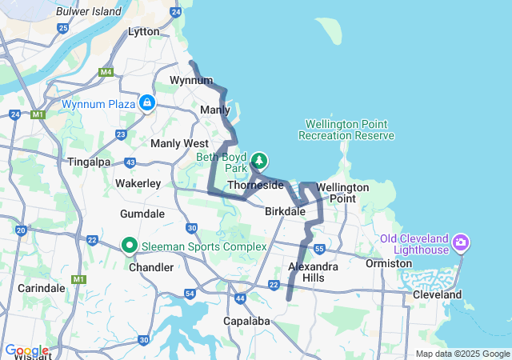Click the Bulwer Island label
pyautogui.click(x=89, y=11)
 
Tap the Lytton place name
pyautogui.click(x=144, y=32)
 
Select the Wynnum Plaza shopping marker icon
pyautogui.click(x=147, y=103)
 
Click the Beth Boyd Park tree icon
pyautogui.click(x=260, y=159)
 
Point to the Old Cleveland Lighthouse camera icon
pyautogui.click(x=461, y=241)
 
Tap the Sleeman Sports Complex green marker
pyautogui.click(x=129, y=246)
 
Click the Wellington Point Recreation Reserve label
pyautogui.click(x=346, y=130)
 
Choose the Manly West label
pyautogui.click(x=179, y=143)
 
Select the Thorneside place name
pyautogui.click(x=255, y=185)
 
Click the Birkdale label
pyautogui.click(x=286, y=211)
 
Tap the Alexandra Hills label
pyautogui.click(x=314, y=271)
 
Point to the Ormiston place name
pyautogui.click(x=388, y=263)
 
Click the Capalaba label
pyautogui.click(x=246, y=322)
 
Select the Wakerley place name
pyautogui.click(x=138, y=183)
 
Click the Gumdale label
pyautogui.click(x=142, y=214)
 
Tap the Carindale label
pyautogui.click(x=41, y=287)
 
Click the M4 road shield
pyautogui.click(x=106, y=72)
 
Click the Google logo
pyautogui.click(x=26, y=350)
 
